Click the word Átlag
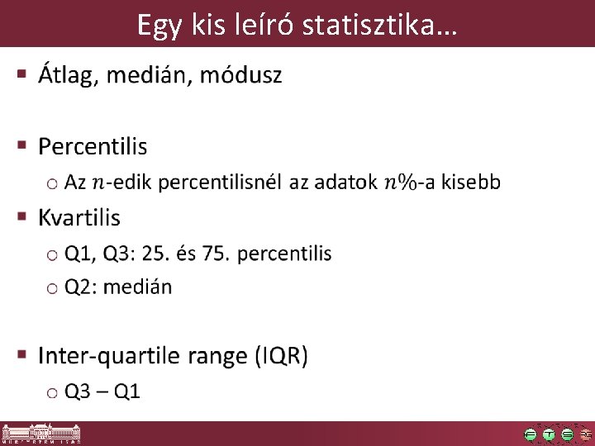point(69,76)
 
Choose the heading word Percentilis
point(93,147)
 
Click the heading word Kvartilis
point(79,218)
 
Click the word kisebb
point(471,183)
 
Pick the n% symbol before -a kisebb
point(399,183)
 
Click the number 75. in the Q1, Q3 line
point(215,254)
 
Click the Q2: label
point(83,287)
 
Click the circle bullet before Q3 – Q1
point(52,391)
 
